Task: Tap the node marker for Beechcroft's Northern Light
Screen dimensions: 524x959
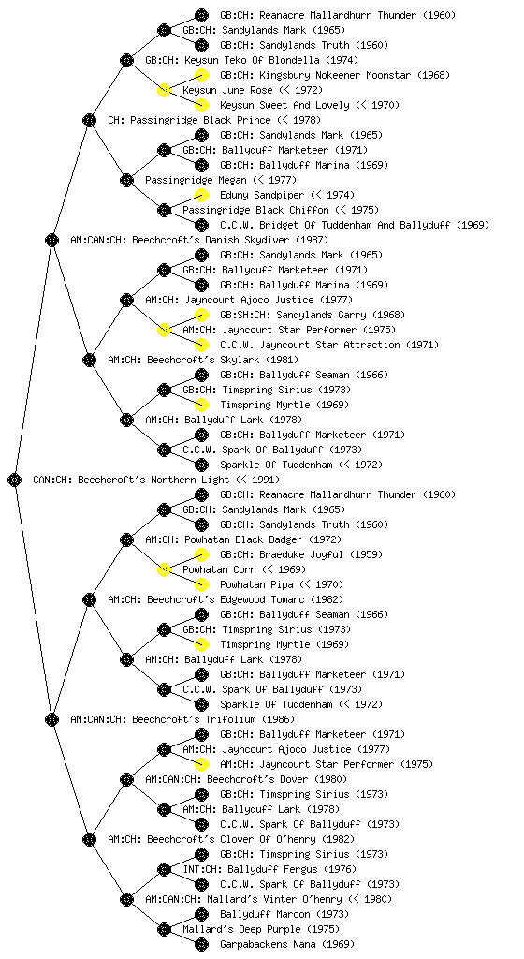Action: click(15, 480)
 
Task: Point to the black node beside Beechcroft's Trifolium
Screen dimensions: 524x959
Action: click(51, 720)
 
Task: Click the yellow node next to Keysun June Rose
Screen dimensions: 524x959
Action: click(164, 91)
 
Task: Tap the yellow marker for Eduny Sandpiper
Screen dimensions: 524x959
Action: click(201, 196)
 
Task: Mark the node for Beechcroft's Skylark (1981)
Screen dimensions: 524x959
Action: click(89, 361)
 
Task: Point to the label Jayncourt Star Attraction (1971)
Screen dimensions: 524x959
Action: click(345, 345)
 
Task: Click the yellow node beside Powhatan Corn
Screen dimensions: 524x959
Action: click(164, 570)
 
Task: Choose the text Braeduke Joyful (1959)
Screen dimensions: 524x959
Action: click(321, 554)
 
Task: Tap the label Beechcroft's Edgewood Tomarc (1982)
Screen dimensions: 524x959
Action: click(245, 599)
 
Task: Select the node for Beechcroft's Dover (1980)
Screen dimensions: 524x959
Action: click(126, 780)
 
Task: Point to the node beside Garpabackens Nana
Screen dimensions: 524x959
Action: click(201, 945)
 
